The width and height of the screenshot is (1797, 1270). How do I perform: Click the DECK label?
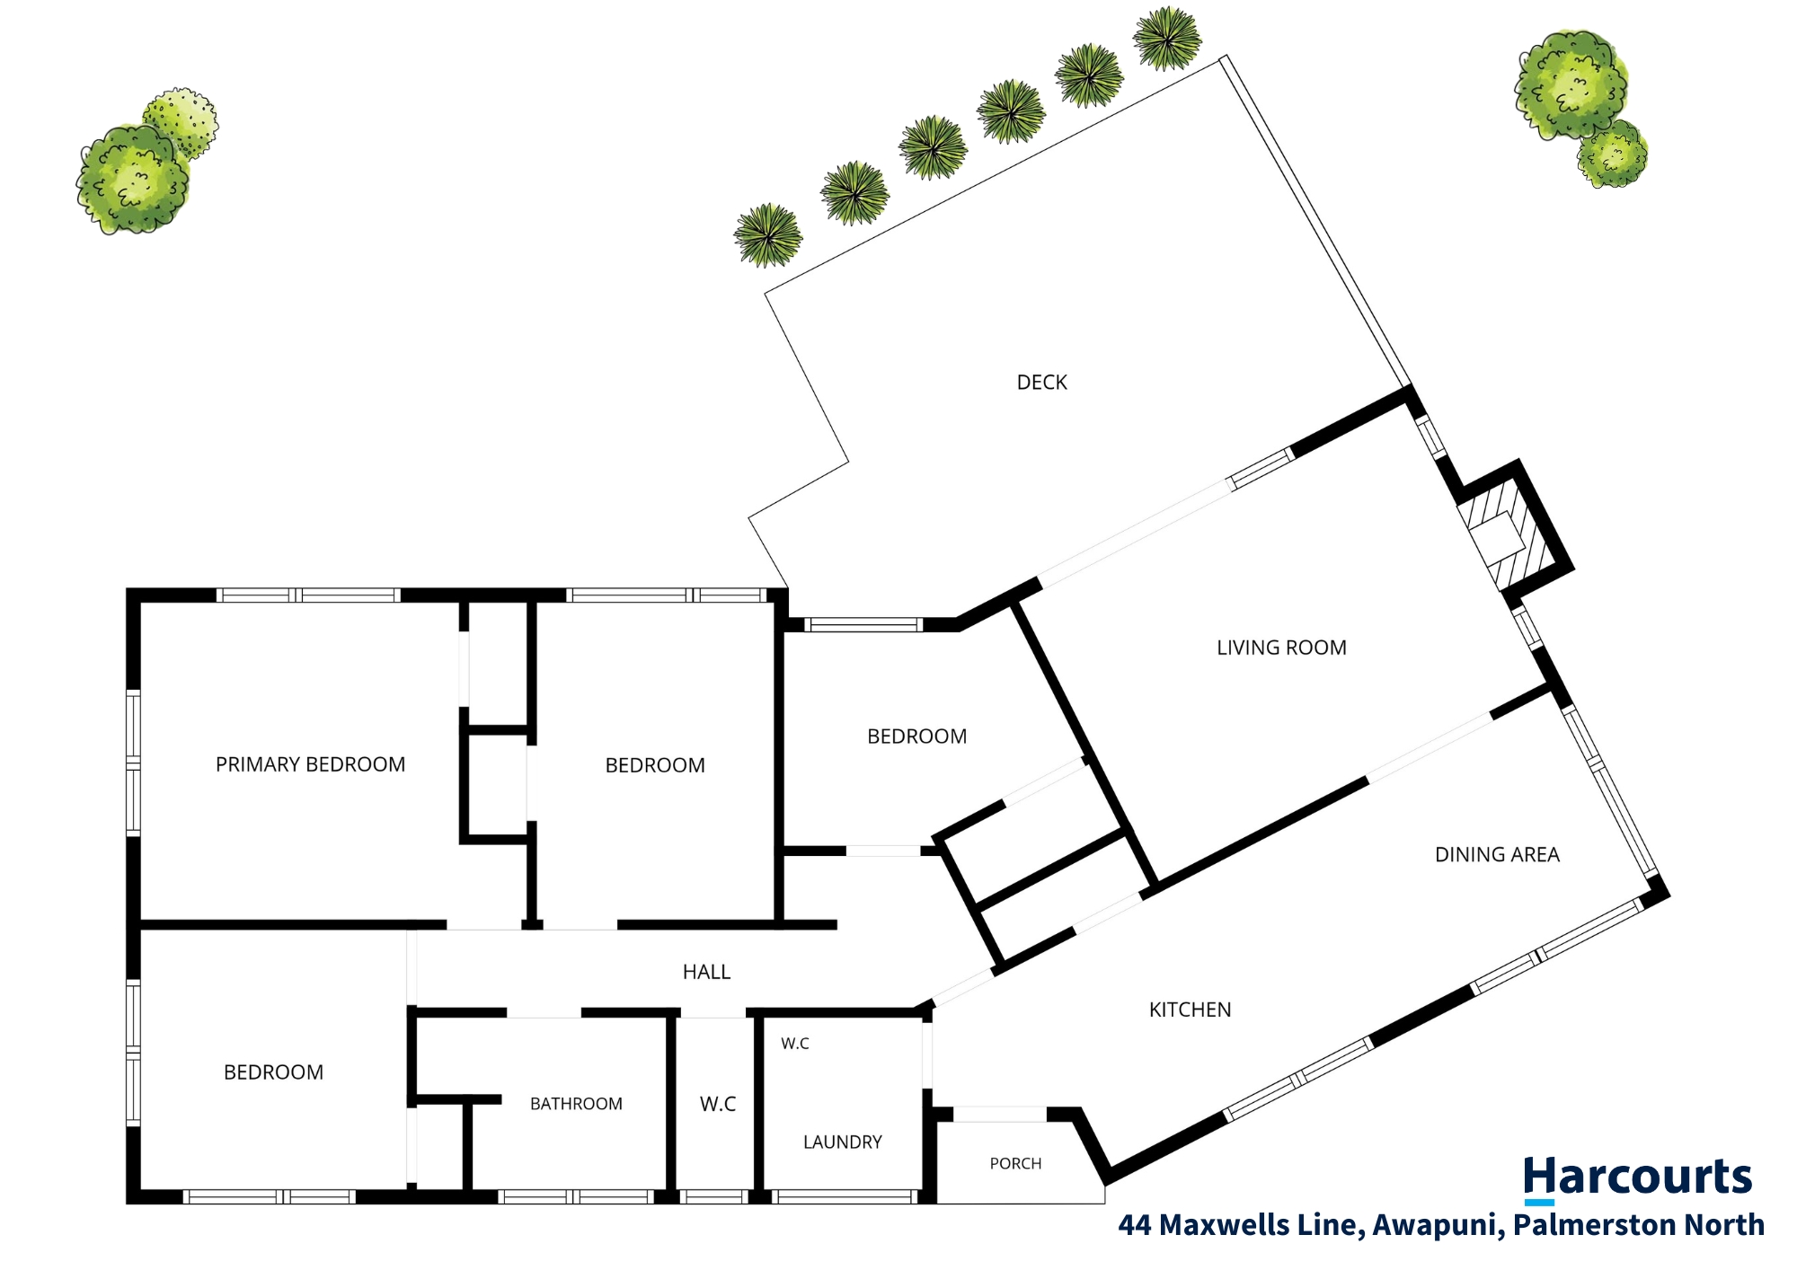pos(1041,383)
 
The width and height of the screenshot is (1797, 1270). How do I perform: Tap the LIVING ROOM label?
pos(1281,648)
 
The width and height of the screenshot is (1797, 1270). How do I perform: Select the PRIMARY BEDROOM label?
pos(310,764)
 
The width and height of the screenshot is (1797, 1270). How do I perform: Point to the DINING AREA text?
pos(1497,855)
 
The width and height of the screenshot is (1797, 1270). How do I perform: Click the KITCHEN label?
pos(1190,1010)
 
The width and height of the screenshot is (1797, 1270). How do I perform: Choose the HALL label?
pos(706,972)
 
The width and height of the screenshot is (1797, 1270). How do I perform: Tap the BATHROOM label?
pos(576,1104)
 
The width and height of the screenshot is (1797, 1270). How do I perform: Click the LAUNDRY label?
pos(842,1142)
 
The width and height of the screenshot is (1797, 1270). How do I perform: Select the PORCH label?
pos(1015,1164)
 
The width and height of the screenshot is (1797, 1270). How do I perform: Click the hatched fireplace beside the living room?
pos(1506,537)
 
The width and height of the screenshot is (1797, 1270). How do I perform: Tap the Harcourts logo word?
pos(1637,1177)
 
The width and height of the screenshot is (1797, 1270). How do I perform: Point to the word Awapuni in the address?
pos(1435,1226)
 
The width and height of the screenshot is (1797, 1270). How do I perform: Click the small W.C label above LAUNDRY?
pos(795,1044)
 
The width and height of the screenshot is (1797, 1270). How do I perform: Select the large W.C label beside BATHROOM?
pos(718,1104)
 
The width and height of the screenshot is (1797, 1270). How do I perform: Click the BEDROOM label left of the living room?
pos(916,736)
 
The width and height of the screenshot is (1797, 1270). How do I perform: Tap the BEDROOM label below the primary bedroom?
pos(273,1072)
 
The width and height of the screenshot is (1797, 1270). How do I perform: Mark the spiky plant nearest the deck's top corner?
pos(1167,39)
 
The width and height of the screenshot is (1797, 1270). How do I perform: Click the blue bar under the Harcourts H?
pos(1539,1203)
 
